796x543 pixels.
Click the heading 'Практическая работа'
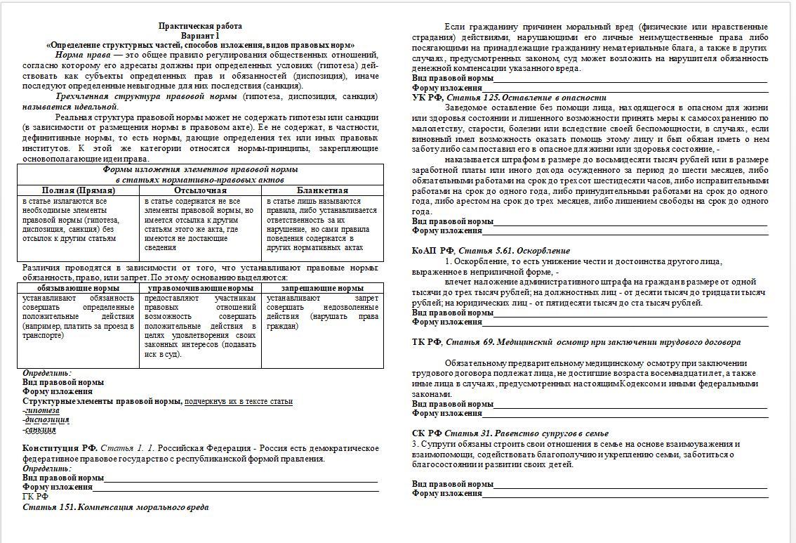pyautogui.click(x=200, y=26)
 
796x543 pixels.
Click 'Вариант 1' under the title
pyautogui.click(x=200, y=35)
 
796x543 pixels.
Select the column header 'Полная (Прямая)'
pyautogui.click(x=79, y=190)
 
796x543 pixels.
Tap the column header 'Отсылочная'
pyautogui.click(x=200, y=190)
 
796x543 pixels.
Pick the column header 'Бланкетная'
pyautogui.click(x=322, y=190)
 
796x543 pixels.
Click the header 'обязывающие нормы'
pyautogui.click(x=78, y=288)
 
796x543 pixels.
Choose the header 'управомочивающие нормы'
pyautogui.click(x=200, y=288)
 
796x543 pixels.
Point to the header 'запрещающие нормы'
pyautogui.click(x=322, y=288)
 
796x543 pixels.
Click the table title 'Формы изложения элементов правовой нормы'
pyautogui.click(x=200, y=170)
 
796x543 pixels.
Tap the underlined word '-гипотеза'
pyautogui.click(x=41, y=410)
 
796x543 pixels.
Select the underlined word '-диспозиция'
pyautogui.click(x=46, y=420)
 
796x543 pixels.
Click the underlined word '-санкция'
pyautogui.click(x=39, y=429)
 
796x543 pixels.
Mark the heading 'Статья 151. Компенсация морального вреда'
pyautogui.click(x=115, y=506)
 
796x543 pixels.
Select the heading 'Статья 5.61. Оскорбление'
pyautogui.click(x=514, y=251)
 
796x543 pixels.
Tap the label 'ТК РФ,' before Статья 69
pyautogui.click(x=427, y=342)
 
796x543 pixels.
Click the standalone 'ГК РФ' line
pyautogui.click(x=36, y=497)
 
